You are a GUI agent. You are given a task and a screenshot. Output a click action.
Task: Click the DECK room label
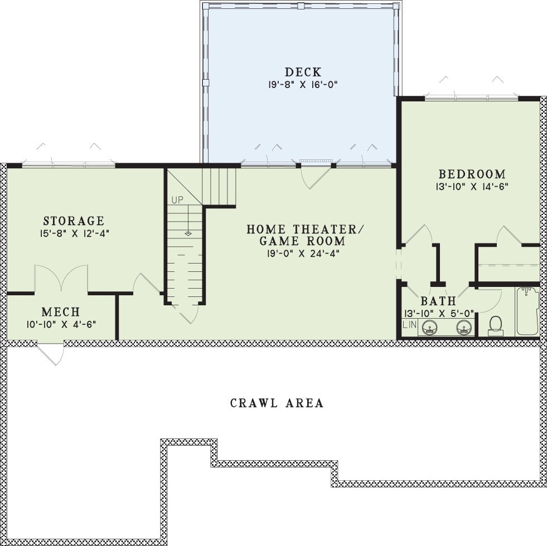point(303,72)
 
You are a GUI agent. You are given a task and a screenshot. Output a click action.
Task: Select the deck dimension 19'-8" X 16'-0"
point(303,85)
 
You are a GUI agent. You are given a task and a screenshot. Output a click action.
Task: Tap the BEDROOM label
point(472,174)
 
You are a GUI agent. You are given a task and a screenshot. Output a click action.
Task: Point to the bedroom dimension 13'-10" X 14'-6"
point(472,187)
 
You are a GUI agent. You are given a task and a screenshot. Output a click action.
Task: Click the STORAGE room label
point(74,221)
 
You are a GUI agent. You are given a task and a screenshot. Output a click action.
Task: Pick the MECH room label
point(60,311)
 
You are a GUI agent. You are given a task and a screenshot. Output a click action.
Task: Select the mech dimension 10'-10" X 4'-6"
point(60,324)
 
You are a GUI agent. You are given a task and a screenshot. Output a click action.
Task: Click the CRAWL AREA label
point(277,403)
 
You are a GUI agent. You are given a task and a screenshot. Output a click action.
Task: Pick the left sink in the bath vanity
point(429,327)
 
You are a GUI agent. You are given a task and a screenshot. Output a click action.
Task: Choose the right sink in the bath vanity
point(463,327)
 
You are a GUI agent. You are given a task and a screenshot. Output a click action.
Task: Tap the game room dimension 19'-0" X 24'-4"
point(303,253)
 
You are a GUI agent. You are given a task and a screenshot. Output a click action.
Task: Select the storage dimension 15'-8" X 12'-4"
point(74,234)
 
